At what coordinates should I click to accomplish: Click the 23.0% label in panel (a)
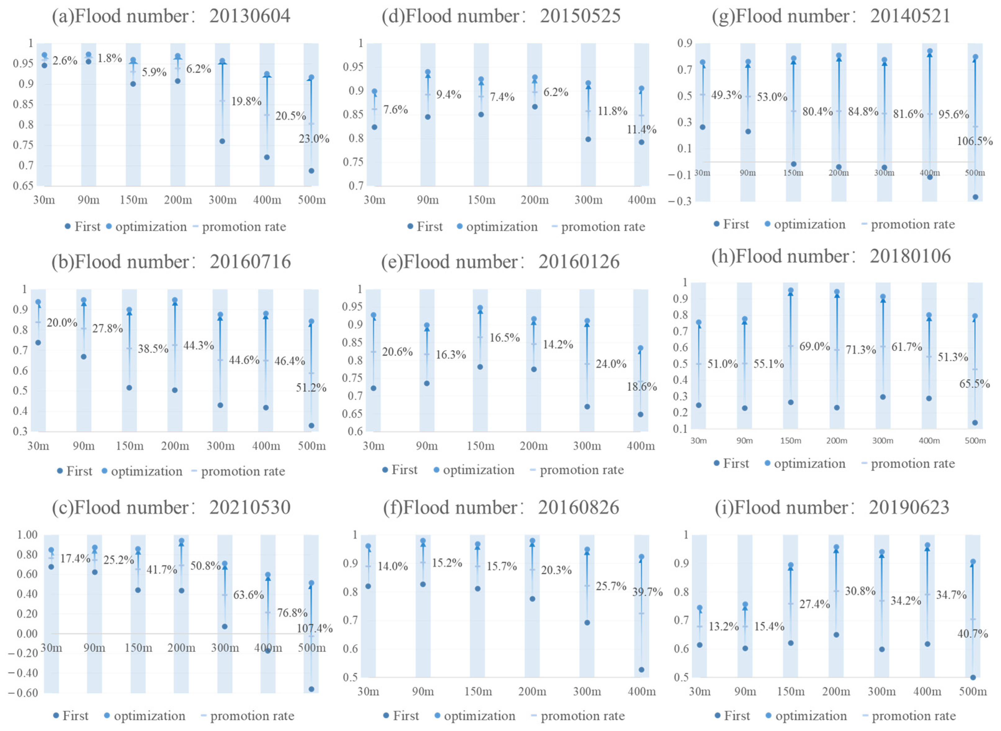(x=313, y=139)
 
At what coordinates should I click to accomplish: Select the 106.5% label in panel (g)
(x=974, y=142)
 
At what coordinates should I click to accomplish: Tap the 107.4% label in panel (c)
(x=314, y=628)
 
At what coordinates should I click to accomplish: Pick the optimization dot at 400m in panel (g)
(x=930, y=51)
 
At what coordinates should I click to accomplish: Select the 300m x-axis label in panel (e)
(x=587, y=446)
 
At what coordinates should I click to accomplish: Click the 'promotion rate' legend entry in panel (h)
(x=913, y=464)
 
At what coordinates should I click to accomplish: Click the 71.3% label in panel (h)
(x=861, y=350)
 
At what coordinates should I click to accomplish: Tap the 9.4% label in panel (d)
(x=449, y=95)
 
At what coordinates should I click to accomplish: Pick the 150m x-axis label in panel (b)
(x=130, y=446)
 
